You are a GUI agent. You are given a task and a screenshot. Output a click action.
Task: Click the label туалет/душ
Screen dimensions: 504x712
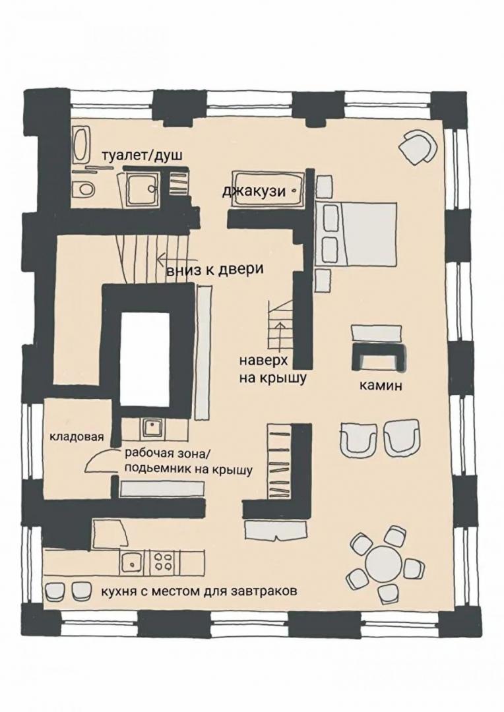(x=142, y=156)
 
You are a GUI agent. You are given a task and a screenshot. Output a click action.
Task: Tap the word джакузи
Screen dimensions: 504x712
(x=254, y=191)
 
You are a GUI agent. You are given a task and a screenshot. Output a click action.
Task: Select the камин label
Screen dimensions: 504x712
(x=381, y=386)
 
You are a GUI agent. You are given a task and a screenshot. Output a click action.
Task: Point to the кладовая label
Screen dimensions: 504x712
(x=77, y=437)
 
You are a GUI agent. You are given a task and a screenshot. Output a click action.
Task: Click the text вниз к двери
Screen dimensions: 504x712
(x=214, y=269)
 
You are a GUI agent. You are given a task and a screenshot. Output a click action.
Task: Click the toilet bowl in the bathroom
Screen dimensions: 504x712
(x=84, y=187)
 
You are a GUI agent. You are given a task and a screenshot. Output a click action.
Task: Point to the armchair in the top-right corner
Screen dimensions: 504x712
(x=417, y=147)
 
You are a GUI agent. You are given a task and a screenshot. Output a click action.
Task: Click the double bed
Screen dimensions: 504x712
(x=356, y=234)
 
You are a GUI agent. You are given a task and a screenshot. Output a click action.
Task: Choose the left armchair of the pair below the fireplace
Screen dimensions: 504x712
(x=358, y=440)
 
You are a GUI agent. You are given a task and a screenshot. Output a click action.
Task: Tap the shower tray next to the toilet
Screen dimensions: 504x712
(x=142, y=189)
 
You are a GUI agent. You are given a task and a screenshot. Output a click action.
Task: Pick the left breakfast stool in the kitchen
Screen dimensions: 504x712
(x=56, y=590)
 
